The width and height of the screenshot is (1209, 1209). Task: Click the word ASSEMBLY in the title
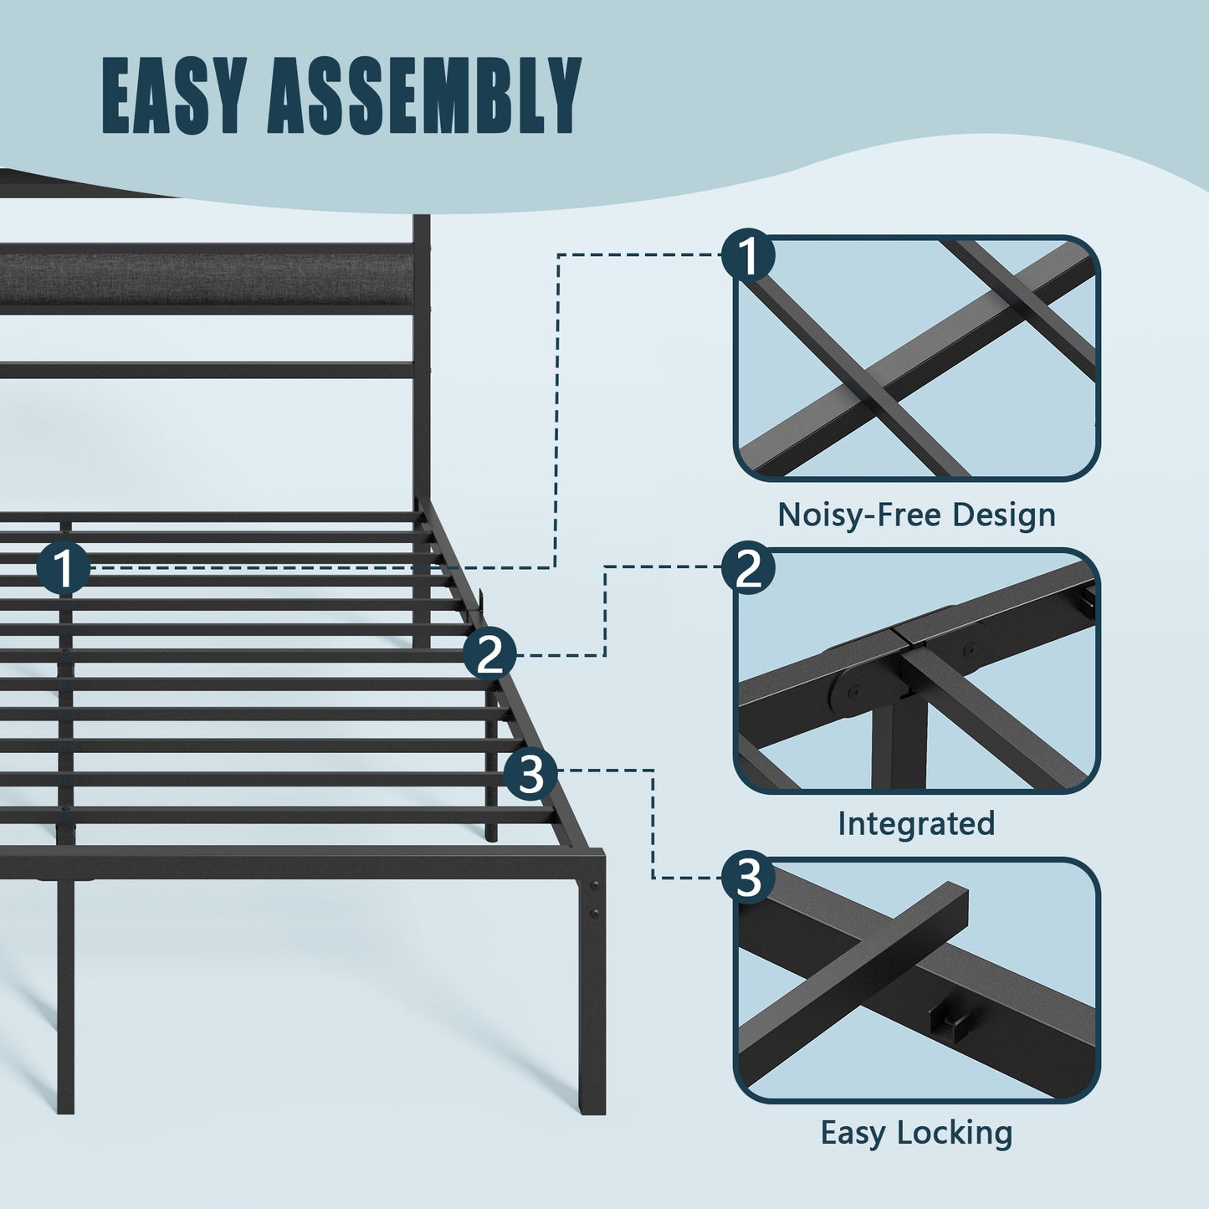pos(424,95)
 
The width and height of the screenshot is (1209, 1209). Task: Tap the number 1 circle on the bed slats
pos(64,568)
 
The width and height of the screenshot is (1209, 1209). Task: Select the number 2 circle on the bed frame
pos(490,654)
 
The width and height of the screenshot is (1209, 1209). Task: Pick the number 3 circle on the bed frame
pos(530,774)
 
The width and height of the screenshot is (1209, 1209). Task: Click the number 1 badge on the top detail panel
pos(748,255)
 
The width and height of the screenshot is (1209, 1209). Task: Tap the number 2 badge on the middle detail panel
pos(748,568)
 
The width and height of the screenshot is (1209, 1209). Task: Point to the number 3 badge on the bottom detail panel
pos(748,878)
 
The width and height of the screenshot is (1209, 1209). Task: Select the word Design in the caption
pos(1004,515)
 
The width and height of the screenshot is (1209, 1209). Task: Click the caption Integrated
pos(917,824)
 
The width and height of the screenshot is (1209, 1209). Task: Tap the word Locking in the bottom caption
pos(955,1134)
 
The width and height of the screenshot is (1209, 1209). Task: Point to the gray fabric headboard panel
pos(207,279)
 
